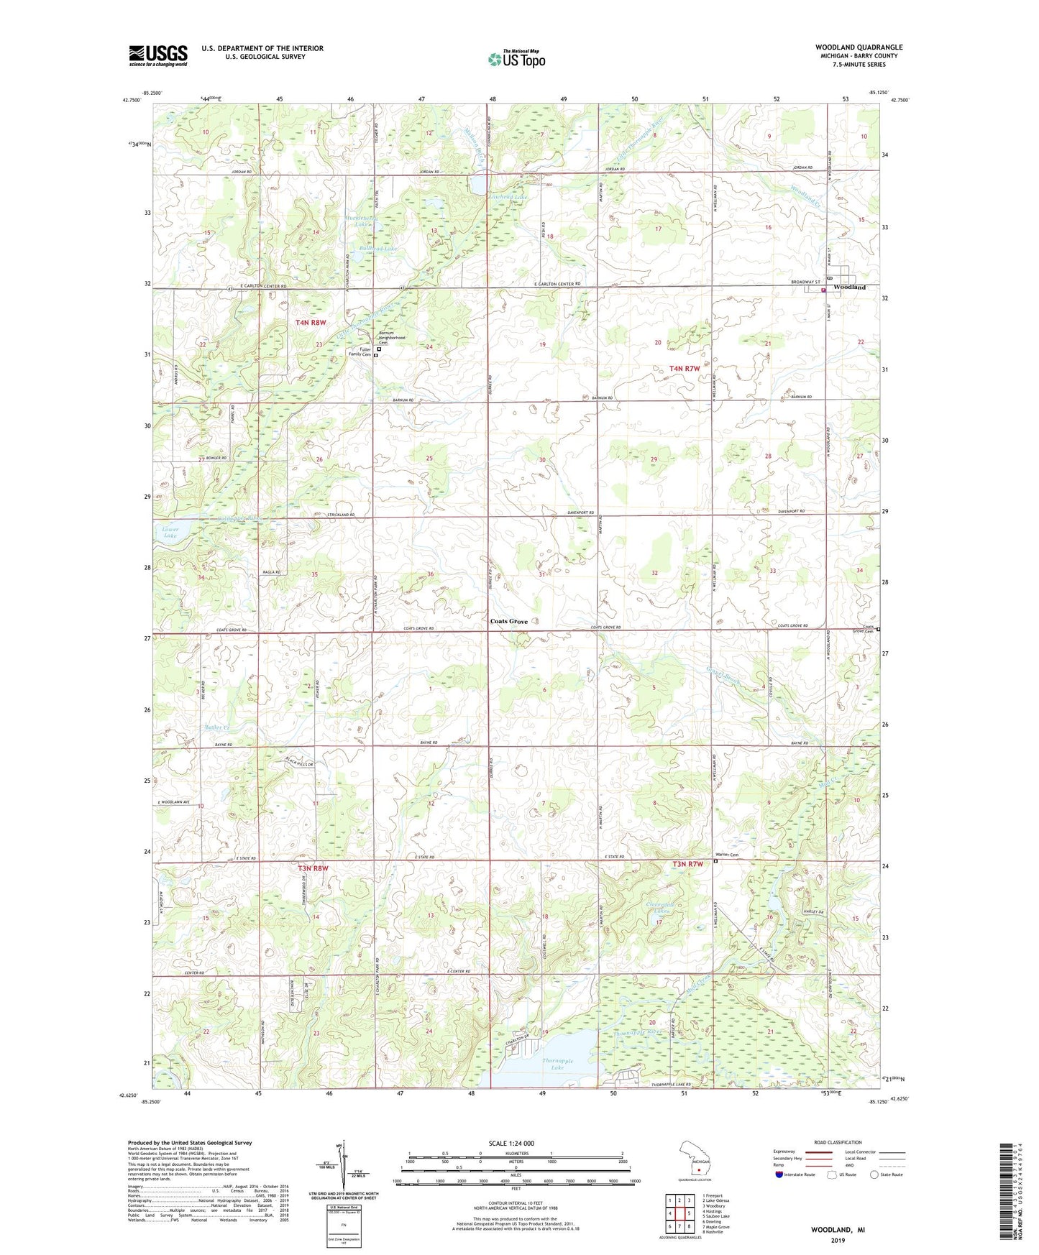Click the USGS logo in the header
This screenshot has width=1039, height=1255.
click(158, 55)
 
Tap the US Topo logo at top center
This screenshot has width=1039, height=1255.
click(516, 59)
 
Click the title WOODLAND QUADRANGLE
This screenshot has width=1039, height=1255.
click(859, 47)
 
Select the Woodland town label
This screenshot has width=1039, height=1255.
click(849, 287)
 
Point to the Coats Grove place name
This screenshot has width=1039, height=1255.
click(508, 621)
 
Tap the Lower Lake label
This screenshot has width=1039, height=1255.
click(170, 533)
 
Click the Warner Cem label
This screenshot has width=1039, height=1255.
click(726, 855)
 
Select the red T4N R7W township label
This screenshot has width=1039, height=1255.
click(684, 369)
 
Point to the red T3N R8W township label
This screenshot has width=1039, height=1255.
click(312, 868)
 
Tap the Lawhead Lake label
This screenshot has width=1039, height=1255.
click(508, 196)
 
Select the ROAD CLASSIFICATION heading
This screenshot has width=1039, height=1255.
click(838, 1142)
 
